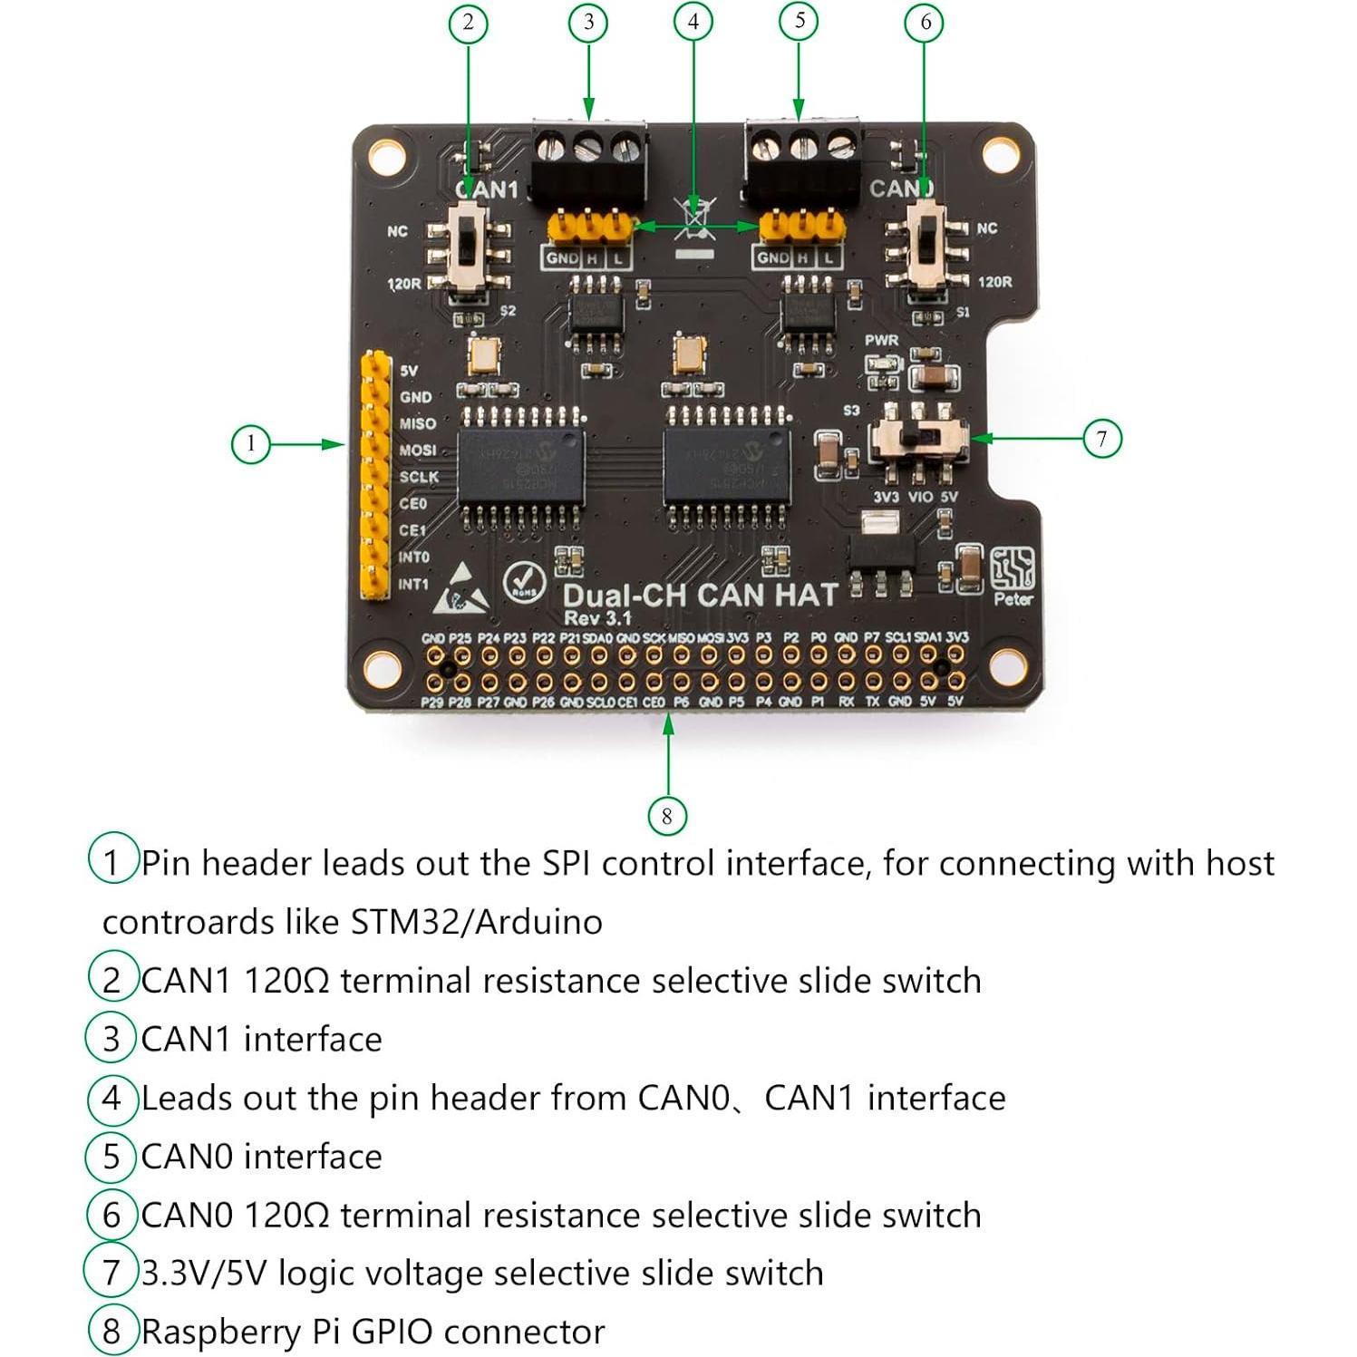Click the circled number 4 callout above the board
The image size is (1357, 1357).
pyautogui.click(x=693, y=21)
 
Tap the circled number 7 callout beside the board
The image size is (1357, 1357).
pyautogui.click(x=1101, y=440)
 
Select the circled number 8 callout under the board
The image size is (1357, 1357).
pyautogui.click(x=666, y=816)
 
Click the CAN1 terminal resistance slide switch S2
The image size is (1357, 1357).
pyautogui.click(x=469, y=246)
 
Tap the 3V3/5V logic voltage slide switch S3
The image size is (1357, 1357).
pyautogui.click(x=918, y=439)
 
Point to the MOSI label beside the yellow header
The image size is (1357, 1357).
pyautogui.click(x=417, y=450)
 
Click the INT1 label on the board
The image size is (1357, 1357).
pyautogui.click(x=413, y=584)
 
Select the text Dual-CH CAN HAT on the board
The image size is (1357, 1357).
pyautogui.click(x=699, y=596)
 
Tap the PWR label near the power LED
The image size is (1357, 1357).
pyautogui.click(x=881, y=340)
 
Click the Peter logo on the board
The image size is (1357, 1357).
pyautogui.click(x=1013, y=577)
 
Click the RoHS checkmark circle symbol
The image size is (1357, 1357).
pyautogui.click(x=523, y=581)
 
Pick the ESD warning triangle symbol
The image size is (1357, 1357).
pyautogui.click(x=462, y=589)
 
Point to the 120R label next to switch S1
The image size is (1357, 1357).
pyautogui.click(x=994, y=282)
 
